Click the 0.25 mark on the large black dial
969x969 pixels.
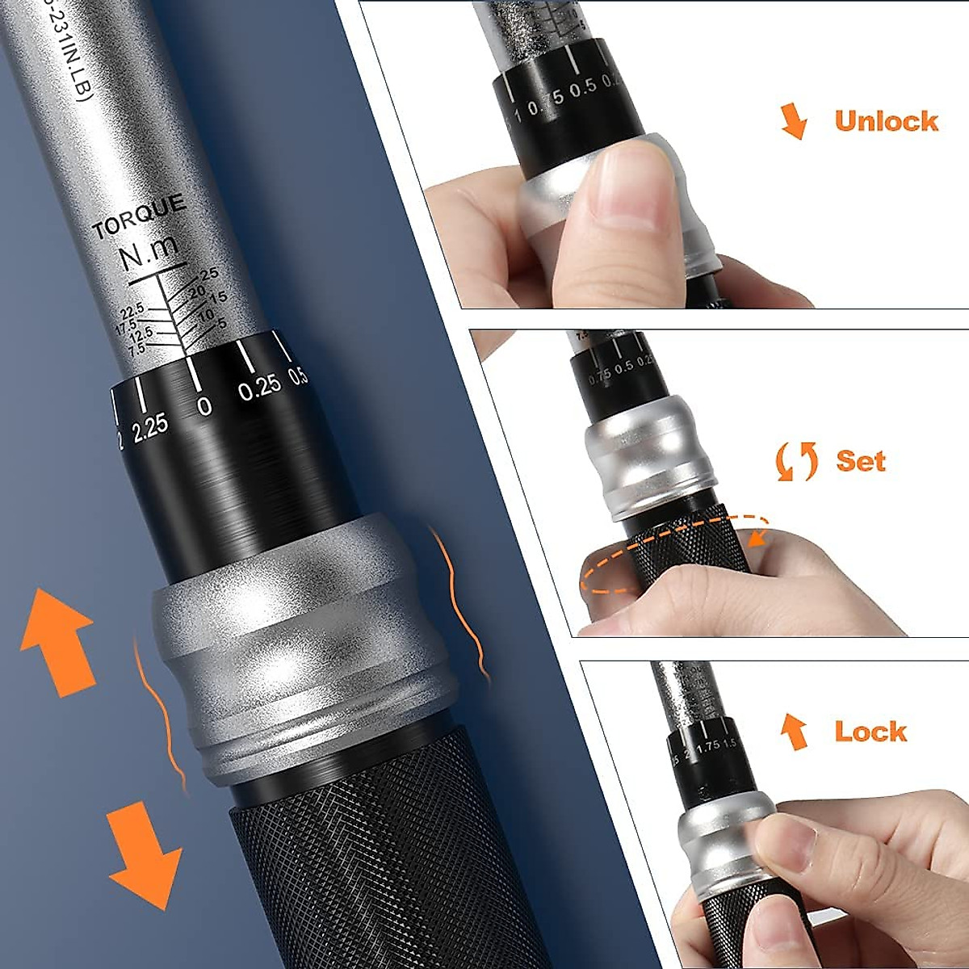259,388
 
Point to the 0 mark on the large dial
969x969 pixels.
204,405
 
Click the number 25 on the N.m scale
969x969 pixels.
209,275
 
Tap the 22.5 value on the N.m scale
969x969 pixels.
132,311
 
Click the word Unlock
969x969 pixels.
886,121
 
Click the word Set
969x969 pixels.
861,461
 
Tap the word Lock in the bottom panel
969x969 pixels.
870,732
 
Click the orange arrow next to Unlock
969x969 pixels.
795,121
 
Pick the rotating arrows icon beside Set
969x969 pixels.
796,461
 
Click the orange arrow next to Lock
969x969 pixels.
795,732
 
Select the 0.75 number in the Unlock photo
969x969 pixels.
546,106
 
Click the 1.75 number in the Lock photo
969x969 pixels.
706,747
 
